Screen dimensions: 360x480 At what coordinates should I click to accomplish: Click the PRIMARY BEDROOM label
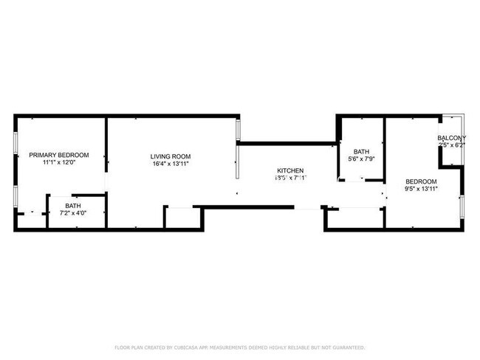click(x=59, y=155)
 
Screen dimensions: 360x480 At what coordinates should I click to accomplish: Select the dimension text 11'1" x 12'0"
click(x=59, y=162)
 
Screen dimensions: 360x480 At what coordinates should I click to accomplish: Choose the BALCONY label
click(x=451, y=139)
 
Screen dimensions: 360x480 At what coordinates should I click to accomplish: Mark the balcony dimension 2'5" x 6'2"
click(x=451, y=146)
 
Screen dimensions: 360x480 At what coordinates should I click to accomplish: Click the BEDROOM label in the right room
click(x=421, y=181)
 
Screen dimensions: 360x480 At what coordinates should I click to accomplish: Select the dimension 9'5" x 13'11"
click(x=421, y=189)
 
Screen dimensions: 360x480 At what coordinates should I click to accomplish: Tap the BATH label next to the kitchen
click(x=360, y=151)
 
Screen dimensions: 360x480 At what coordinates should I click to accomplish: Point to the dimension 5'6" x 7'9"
click(x=360, y=159)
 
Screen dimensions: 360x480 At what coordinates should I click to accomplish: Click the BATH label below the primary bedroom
click(x=72, y=206)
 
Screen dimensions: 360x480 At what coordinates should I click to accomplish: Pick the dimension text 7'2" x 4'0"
click(x=72, y=213)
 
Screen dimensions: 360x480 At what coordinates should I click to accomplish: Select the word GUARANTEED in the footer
click(x=348, y=347)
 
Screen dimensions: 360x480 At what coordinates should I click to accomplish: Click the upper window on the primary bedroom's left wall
click(x=16, y=143)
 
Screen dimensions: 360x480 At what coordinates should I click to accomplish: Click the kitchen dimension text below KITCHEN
click(x=290, y=178)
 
